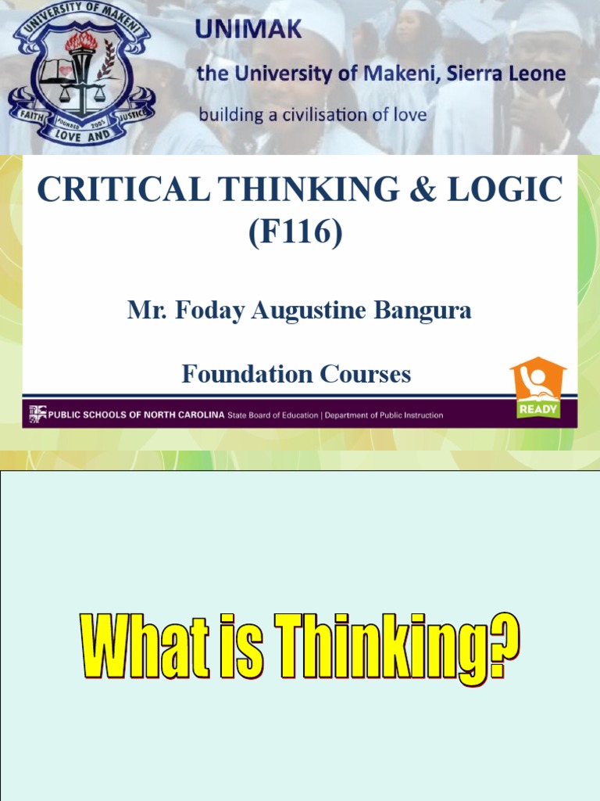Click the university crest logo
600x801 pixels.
coord(81,77)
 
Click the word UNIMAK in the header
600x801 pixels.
coord(248,31)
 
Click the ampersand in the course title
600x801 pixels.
coord(419,190)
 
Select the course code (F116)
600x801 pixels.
coord(295,233)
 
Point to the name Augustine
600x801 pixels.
coord(312,311)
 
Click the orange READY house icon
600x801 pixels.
coord(537,388)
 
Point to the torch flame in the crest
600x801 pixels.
coord(81,41)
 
